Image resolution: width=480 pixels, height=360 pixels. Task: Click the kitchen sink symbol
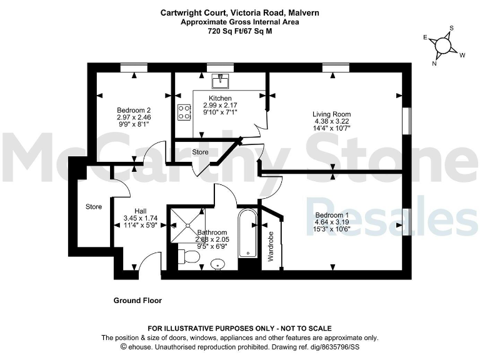tap(220, 81)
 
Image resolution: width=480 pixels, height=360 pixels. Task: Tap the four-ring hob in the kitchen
tap(184, 112)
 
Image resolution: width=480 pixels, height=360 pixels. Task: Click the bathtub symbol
tap(248, 234)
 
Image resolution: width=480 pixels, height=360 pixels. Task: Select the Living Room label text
tap(331, 114)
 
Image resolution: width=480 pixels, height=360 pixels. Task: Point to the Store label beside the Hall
tap(94, 206)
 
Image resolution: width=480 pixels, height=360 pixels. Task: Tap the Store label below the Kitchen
tap(200, 152)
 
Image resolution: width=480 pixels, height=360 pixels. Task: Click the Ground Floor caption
tap(137, 301)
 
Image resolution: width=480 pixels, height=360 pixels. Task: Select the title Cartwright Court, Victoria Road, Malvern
tap(239, 12)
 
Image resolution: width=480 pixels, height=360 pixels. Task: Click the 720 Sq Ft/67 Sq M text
tap(239, 30)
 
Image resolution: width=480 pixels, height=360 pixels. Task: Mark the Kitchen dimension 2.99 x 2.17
tap(220, 106)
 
